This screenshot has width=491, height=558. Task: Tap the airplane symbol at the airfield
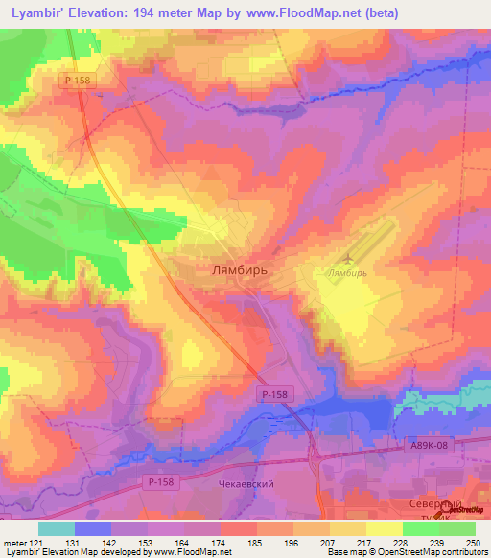coord(346,258)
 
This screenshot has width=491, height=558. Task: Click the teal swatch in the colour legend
coord(56,528)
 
